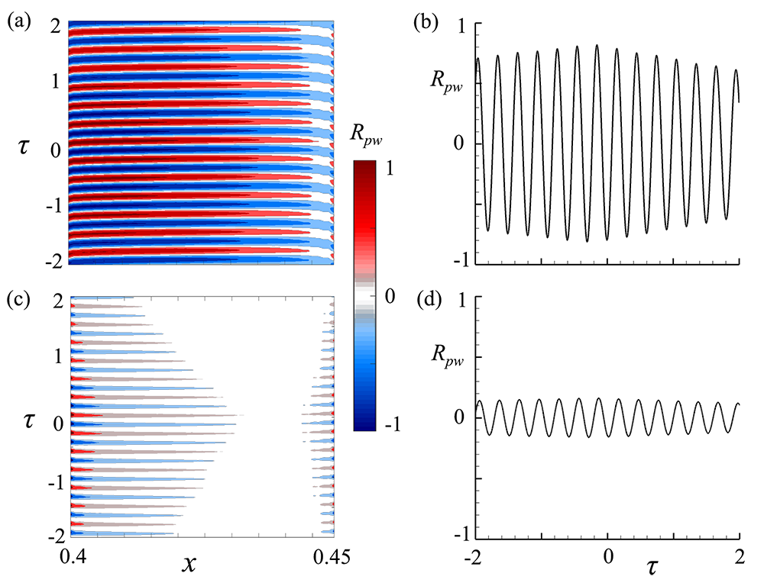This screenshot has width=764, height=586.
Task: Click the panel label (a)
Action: [x=19, y=22]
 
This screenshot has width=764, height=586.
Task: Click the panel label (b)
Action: [x=426, y=22]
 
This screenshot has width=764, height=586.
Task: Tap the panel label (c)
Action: [x=19, y=299]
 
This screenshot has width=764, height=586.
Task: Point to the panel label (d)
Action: [x=426, y=299]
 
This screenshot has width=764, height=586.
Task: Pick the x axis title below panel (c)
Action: [x=189, y=565]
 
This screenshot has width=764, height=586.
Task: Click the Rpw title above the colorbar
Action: [x=371, y=140]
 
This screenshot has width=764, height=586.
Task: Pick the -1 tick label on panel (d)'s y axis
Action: [x=461, y=534]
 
